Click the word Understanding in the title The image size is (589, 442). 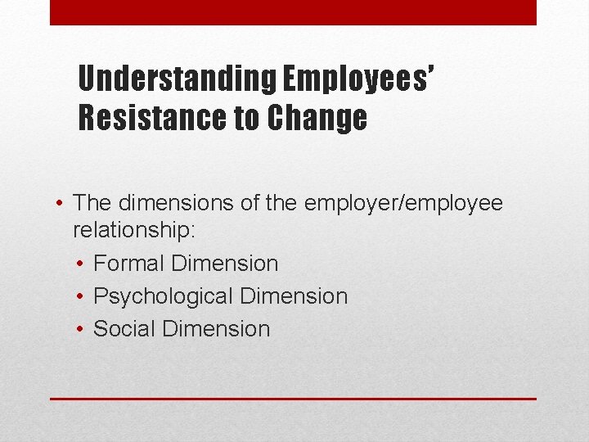pos(177,80)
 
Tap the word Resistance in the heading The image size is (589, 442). pos(152,119)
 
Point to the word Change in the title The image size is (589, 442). pos(315,119)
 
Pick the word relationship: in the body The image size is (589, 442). pos(134,230)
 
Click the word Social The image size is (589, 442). pos(125,329)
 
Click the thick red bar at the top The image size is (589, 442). pos(293,12)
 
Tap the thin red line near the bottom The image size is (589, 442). pos(293,399)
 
